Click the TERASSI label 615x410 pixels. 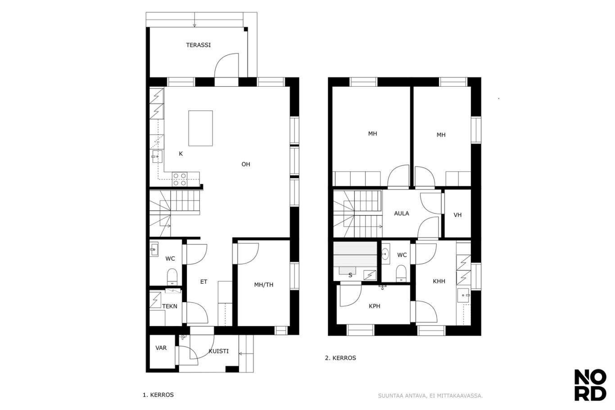(198, 45)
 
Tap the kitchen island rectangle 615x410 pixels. (200, 128)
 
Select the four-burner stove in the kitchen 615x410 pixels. (180, 179)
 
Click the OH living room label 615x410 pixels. (246, 164)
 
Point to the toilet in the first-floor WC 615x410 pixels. (172, 277)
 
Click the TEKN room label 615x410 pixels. (170, 307)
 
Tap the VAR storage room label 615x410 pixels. (161, 348)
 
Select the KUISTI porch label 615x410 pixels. (218, 351)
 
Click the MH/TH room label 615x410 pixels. (263, 285)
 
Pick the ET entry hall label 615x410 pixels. (203, 281)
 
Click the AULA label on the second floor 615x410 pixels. (402, 213)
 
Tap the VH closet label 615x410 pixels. (457, 215)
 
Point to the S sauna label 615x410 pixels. (350, 275)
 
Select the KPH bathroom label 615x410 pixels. (375, 306)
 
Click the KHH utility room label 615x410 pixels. (439, 281)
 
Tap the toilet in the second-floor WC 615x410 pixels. (401, 273)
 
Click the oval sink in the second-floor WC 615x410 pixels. (385, 254)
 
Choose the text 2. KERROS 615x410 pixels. (340, 358)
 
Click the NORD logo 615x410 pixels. (590, 385)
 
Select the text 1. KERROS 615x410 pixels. (158, 395)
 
